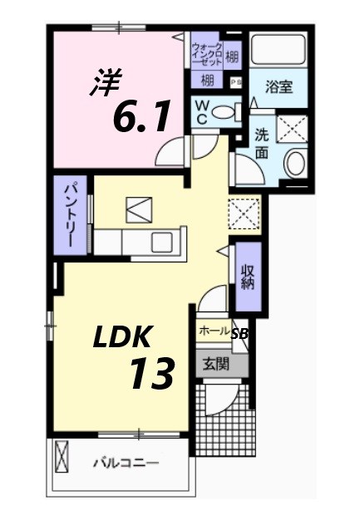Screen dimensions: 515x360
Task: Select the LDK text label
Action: click(121, 337)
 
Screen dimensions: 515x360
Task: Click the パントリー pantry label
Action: click(72, 214)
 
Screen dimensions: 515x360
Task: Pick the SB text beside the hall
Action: click(239, 334)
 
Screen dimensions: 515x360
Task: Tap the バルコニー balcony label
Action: click(126, 462)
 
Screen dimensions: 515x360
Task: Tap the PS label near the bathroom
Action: click(235, 81)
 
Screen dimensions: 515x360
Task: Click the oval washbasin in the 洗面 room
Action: click(295, 163)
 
